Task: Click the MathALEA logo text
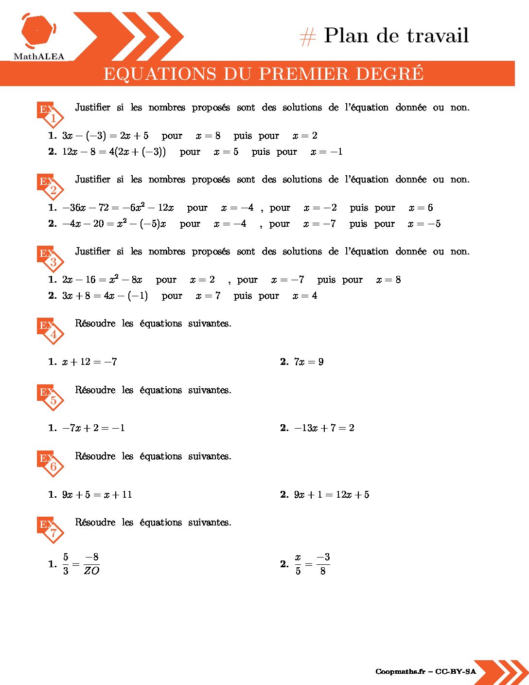[39, 56]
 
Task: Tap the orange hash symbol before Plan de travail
[307, 37]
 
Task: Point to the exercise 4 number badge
[53, 334]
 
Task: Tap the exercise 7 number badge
[53, 533]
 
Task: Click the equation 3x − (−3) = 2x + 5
[105, 136]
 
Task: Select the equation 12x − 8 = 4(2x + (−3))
[114, 152]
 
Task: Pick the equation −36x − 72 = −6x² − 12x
[118, 208]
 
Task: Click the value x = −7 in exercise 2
[319, 224]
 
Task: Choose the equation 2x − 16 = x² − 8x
[102, 280]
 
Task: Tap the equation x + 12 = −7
[89, 361]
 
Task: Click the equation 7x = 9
[309, 361]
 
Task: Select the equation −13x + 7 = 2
[324, 428]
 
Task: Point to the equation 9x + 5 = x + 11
[97, 495]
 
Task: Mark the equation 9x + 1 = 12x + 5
[332, 495]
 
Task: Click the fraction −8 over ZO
[91, 564]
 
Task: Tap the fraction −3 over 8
[323, 564]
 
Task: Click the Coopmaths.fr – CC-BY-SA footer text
[425, 672]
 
